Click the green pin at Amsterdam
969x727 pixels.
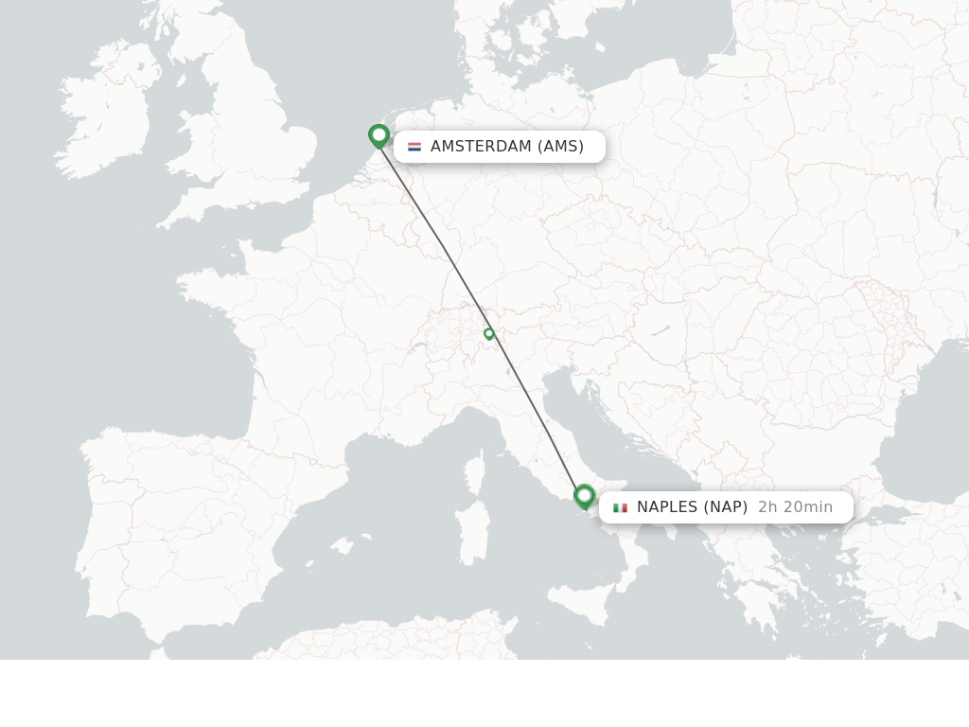[x=379, y=135]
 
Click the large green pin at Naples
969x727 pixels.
[x=584, y=495]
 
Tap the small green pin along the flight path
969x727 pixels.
[x=489, y=333]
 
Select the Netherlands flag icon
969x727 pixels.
[x=414, y=147]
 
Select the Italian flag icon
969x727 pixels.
[x=620, y=507]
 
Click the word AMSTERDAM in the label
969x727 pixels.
[x=481, y=147]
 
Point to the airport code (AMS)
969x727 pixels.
[x=560, y=147]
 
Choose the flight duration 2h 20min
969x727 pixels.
[x=795, y=507]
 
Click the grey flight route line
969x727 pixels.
[x=445, y=249]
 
